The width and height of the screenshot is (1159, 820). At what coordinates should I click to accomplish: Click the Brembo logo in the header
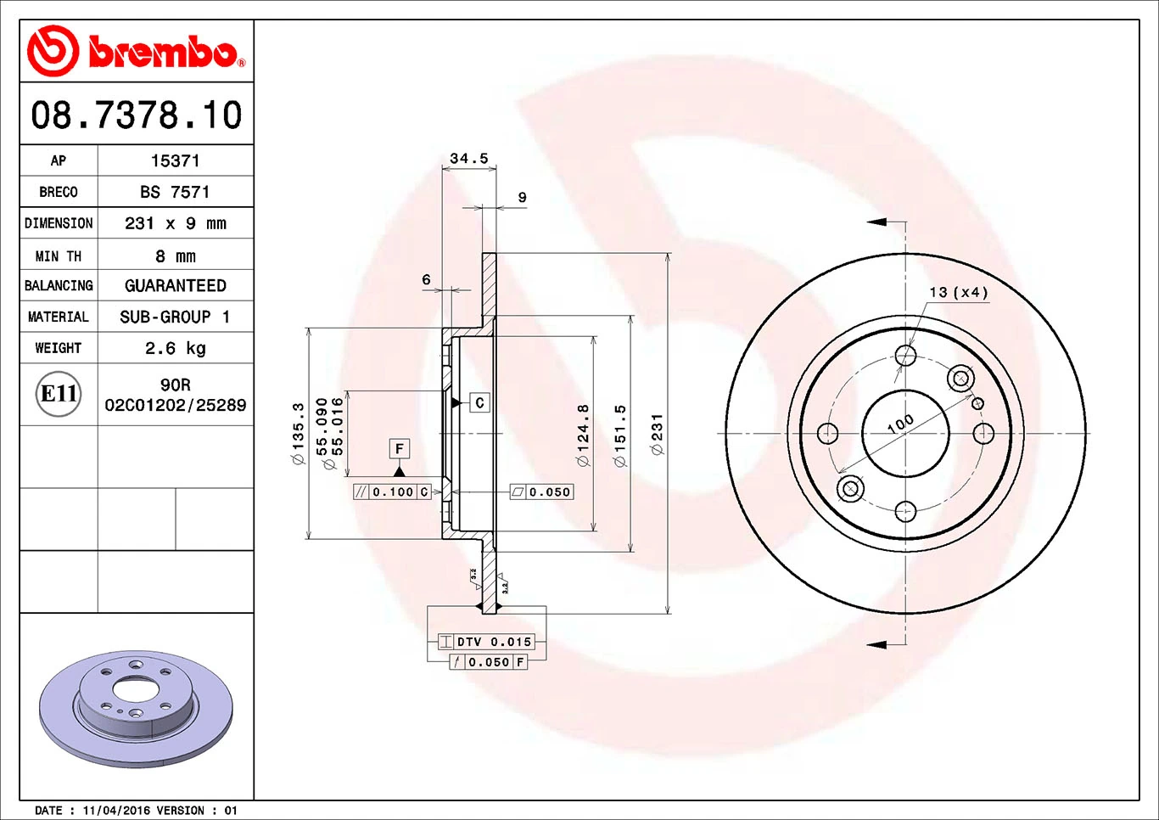(137, 51)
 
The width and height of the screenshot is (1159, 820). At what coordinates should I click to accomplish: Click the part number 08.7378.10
(137, 115)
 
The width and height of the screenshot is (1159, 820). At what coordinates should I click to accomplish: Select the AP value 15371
(175, 160)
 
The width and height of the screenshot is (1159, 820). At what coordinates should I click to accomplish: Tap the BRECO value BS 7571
(175, 192)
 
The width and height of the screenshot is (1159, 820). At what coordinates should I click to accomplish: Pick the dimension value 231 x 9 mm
(175, 223)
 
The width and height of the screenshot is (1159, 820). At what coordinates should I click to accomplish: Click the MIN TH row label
(59, 256)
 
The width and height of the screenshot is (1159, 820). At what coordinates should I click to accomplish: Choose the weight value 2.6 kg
(175, 348)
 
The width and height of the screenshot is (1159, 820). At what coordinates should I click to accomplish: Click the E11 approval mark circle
(59, 394)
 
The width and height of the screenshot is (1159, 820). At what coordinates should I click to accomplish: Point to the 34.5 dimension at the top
(468, 159)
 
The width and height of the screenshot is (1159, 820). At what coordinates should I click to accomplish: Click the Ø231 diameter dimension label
(657, 434)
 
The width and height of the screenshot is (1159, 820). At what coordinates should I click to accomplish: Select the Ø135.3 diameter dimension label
(298, 434)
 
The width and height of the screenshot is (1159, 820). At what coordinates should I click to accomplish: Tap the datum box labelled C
(479, 402)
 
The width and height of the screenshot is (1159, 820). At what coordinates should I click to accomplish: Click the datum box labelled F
(400, 448)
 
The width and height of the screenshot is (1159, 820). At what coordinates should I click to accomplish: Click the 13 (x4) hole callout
(959, 292)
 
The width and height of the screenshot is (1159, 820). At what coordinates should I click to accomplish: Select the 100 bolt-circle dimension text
(900, 423)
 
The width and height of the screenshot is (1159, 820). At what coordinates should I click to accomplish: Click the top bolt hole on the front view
(905, 355)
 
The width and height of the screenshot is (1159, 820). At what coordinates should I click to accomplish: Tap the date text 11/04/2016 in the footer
(118, 811)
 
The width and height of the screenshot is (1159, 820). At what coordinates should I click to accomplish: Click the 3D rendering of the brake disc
(136, 708)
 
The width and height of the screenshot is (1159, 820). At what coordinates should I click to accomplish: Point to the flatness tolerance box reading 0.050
(541, 491)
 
